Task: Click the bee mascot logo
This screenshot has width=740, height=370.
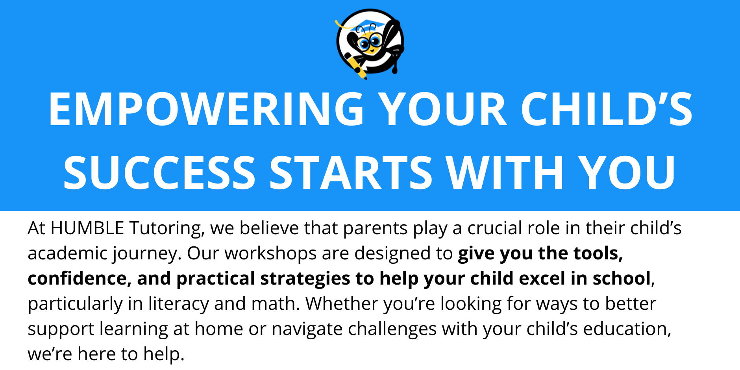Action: (370, 44)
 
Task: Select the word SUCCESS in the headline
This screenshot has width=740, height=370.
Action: (160, 172)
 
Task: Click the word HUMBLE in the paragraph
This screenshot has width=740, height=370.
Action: (87, 228)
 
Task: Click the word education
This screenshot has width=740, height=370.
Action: (627, 329)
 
